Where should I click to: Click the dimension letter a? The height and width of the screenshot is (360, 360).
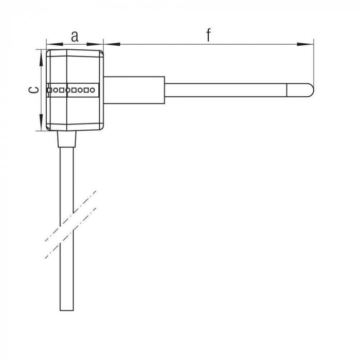click(75, 37)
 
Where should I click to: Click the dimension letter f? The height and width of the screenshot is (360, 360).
click(208, 35)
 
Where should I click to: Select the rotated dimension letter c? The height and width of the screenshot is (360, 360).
click(33, 90)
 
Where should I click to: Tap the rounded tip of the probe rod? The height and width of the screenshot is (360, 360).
click(313, 90)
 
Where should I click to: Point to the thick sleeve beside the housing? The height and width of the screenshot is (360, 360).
click(134, 90)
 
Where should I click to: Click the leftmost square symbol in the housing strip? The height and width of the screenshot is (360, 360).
click(49, 90)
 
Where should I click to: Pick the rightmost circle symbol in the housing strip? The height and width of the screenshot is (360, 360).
click(92, 90)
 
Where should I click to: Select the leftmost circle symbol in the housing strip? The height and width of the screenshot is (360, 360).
click(56, 90)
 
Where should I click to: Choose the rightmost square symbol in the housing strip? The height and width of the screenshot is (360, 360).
click(86, 90)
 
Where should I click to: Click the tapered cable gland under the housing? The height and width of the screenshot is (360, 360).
click(66, 139)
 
